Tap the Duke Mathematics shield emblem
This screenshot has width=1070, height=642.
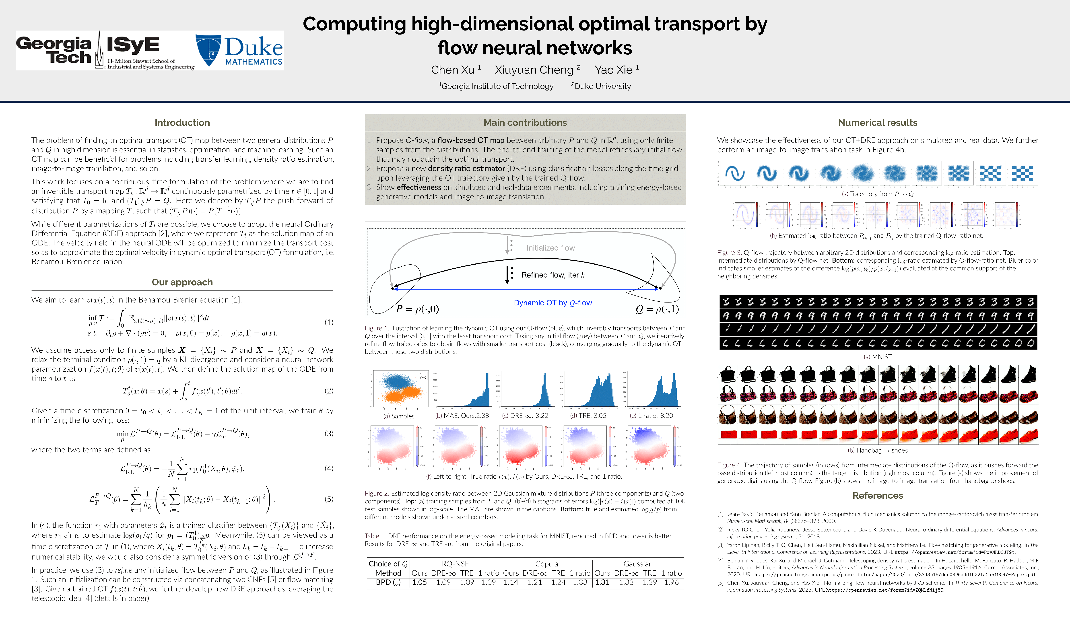(x=208, y=50)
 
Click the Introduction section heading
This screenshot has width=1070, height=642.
(x=182, y=123)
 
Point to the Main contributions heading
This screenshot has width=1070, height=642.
(x=525, y=123)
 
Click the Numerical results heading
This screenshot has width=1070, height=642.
(x=877, y=123)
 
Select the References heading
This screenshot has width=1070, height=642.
(x=877, y=496)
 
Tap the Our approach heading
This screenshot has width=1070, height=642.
(x=182, y=282)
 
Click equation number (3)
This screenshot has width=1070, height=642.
(x=329, y=434)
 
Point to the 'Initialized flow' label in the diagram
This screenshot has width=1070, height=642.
(x=550, y=248)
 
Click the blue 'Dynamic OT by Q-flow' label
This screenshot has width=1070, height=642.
(x=553, y=303)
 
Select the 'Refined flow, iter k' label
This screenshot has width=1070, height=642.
(x=553, y=275)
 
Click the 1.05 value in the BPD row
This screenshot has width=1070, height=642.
(x=419, y=582)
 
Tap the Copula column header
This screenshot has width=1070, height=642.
(x=546, y=564)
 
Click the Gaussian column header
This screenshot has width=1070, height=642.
(x=638, y=564)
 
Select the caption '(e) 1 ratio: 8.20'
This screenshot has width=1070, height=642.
(x=651, y=416)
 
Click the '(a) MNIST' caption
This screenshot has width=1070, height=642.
(x=877, y=357)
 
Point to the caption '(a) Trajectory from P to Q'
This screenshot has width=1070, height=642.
(x=877, y=194)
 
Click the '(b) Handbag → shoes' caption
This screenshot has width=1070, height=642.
(x=877, y=450)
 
